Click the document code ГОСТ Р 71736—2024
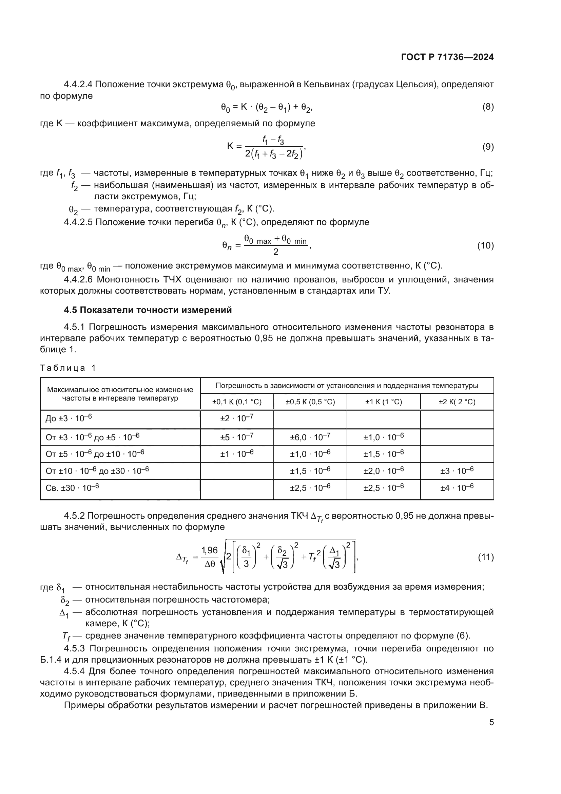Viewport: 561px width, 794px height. pos(447,57)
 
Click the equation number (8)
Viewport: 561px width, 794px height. pos(488,107)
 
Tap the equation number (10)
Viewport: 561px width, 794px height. pos(485,246)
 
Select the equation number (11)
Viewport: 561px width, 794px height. pos(485,557)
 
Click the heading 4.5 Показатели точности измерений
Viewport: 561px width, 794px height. pos(148,310)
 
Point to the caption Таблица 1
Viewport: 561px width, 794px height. pos(68,368)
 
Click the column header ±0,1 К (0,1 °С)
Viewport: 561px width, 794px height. pos(237,402)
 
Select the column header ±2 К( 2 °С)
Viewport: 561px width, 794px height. pos(457,402)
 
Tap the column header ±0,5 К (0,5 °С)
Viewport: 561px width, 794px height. pos(310,402)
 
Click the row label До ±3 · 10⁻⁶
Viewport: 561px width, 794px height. pos(69,419)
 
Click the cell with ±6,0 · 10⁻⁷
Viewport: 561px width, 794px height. pos(310,437)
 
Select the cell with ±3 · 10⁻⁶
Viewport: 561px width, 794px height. pos(457,470)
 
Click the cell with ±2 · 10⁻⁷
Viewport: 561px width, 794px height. pos(237,419)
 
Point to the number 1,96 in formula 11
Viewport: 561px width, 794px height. pos(210,550)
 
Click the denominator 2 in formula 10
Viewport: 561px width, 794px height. pos(276,252)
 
